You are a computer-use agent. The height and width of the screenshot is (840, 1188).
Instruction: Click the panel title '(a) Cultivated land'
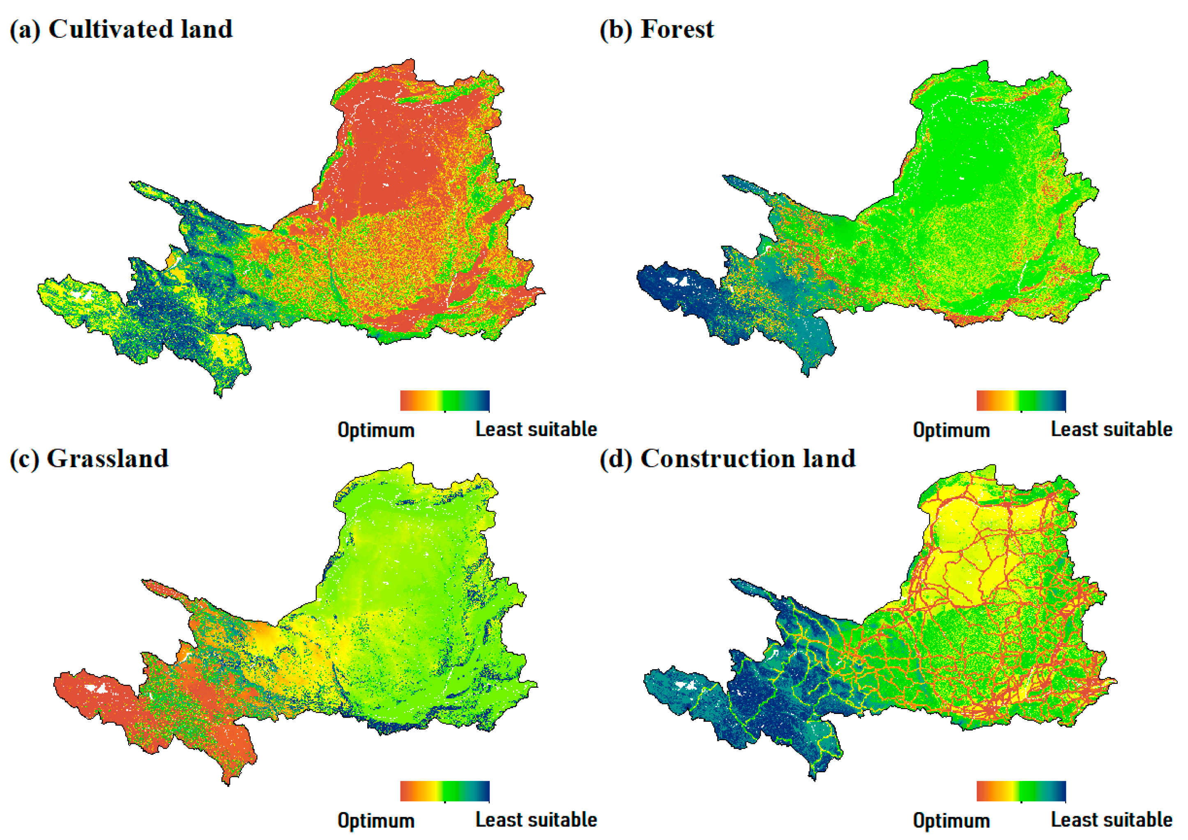(x=121, y=29)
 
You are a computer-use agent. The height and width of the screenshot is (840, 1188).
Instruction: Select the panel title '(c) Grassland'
(x=89, y=459)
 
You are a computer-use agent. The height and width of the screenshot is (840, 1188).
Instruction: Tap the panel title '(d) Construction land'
(x=728, y=459)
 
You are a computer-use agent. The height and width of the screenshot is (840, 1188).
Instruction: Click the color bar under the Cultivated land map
(x=444, y=401)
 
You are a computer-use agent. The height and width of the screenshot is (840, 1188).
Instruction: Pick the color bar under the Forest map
(x=1021, y=401)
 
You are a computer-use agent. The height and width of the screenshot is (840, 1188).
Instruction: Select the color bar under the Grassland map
(x=444, y=792)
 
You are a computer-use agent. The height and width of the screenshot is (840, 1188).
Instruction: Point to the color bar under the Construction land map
(x=1021, y=792)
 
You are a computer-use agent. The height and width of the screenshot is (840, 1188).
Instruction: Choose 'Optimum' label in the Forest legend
(x=951, y=430)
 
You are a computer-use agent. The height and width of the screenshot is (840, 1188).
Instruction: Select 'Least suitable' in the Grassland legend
(x=536, y=820)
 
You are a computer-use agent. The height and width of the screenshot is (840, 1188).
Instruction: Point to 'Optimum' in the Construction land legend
(x=951, y=821)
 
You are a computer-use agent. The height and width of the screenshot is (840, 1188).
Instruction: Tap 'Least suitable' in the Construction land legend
(x=1112, y=820)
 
